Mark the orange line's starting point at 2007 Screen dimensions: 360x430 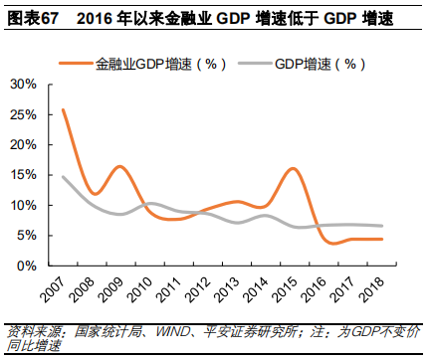[x=62, y=109]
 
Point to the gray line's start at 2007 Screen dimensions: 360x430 [x=62, y=177]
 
